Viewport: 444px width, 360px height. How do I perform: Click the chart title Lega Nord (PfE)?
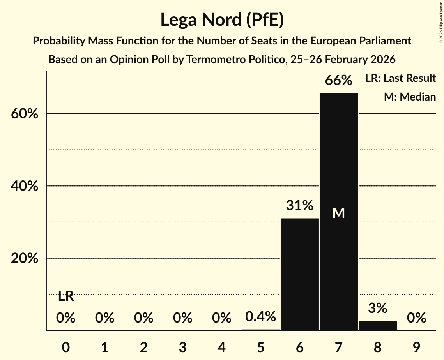[x=222, y=20]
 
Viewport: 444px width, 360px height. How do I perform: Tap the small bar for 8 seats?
[x=377, y=325]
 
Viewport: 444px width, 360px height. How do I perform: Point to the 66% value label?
[x=338, y=81]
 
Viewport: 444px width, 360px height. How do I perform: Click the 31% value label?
[x=299, y=206]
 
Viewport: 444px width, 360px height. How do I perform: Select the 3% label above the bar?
[x=377, y=308]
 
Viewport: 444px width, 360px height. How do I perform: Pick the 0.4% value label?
[x=260, y=317]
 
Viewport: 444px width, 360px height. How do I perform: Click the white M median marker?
[x=338, y=213]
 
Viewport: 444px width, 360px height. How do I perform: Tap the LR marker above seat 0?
[x=66, y=296]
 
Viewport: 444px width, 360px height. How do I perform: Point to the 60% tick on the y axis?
[x=24, y=114]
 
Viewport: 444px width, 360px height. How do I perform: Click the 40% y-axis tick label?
[x=24, y=186]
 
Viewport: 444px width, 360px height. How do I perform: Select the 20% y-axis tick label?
[x=24, y=258]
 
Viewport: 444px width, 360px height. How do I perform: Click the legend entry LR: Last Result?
[x=400, y=78]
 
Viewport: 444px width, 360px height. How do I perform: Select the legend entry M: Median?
[x=410, y=97]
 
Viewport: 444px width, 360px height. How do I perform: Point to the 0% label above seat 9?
[x=416, y=318]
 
